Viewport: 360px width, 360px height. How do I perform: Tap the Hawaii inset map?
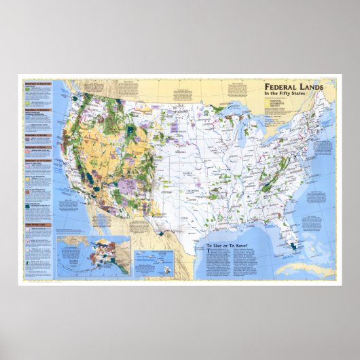click(153, 259)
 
